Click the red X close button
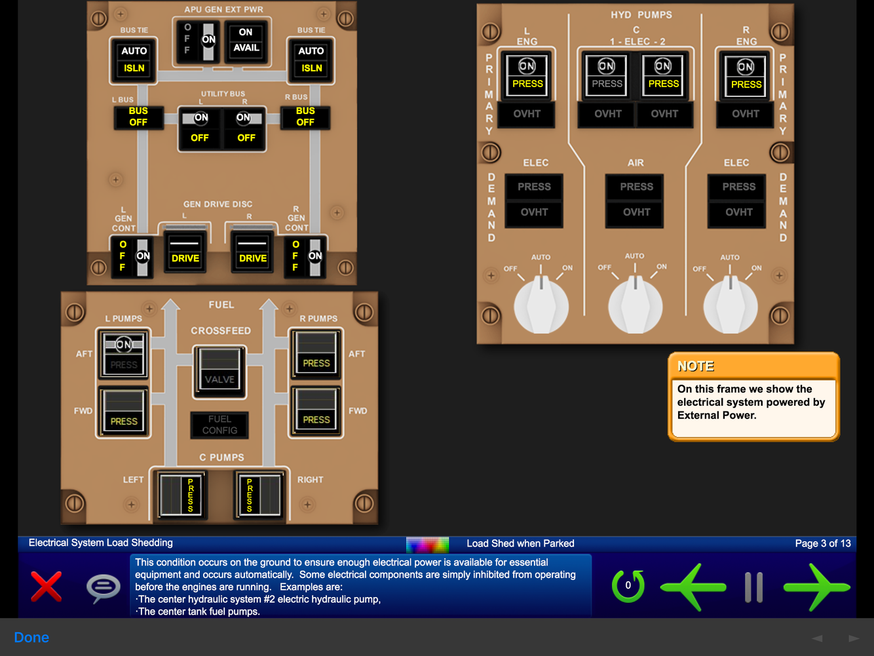pos(47,586)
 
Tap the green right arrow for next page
pos(817,587)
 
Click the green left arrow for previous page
pos(693,587)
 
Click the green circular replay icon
pos(628,586)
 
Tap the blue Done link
pos(31,638)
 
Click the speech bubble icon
pos(104,587)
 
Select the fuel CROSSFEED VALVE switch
pos(220,371)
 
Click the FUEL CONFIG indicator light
pos(219,425)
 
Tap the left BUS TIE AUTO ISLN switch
pos(134,60)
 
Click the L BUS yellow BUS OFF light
pos(138,117)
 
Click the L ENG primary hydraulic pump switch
pos(527,75)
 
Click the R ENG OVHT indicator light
pos(746,114)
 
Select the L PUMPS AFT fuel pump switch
pos(124,354)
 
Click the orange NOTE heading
pos(696,366)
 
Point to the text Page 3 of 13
pos(822,543)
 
